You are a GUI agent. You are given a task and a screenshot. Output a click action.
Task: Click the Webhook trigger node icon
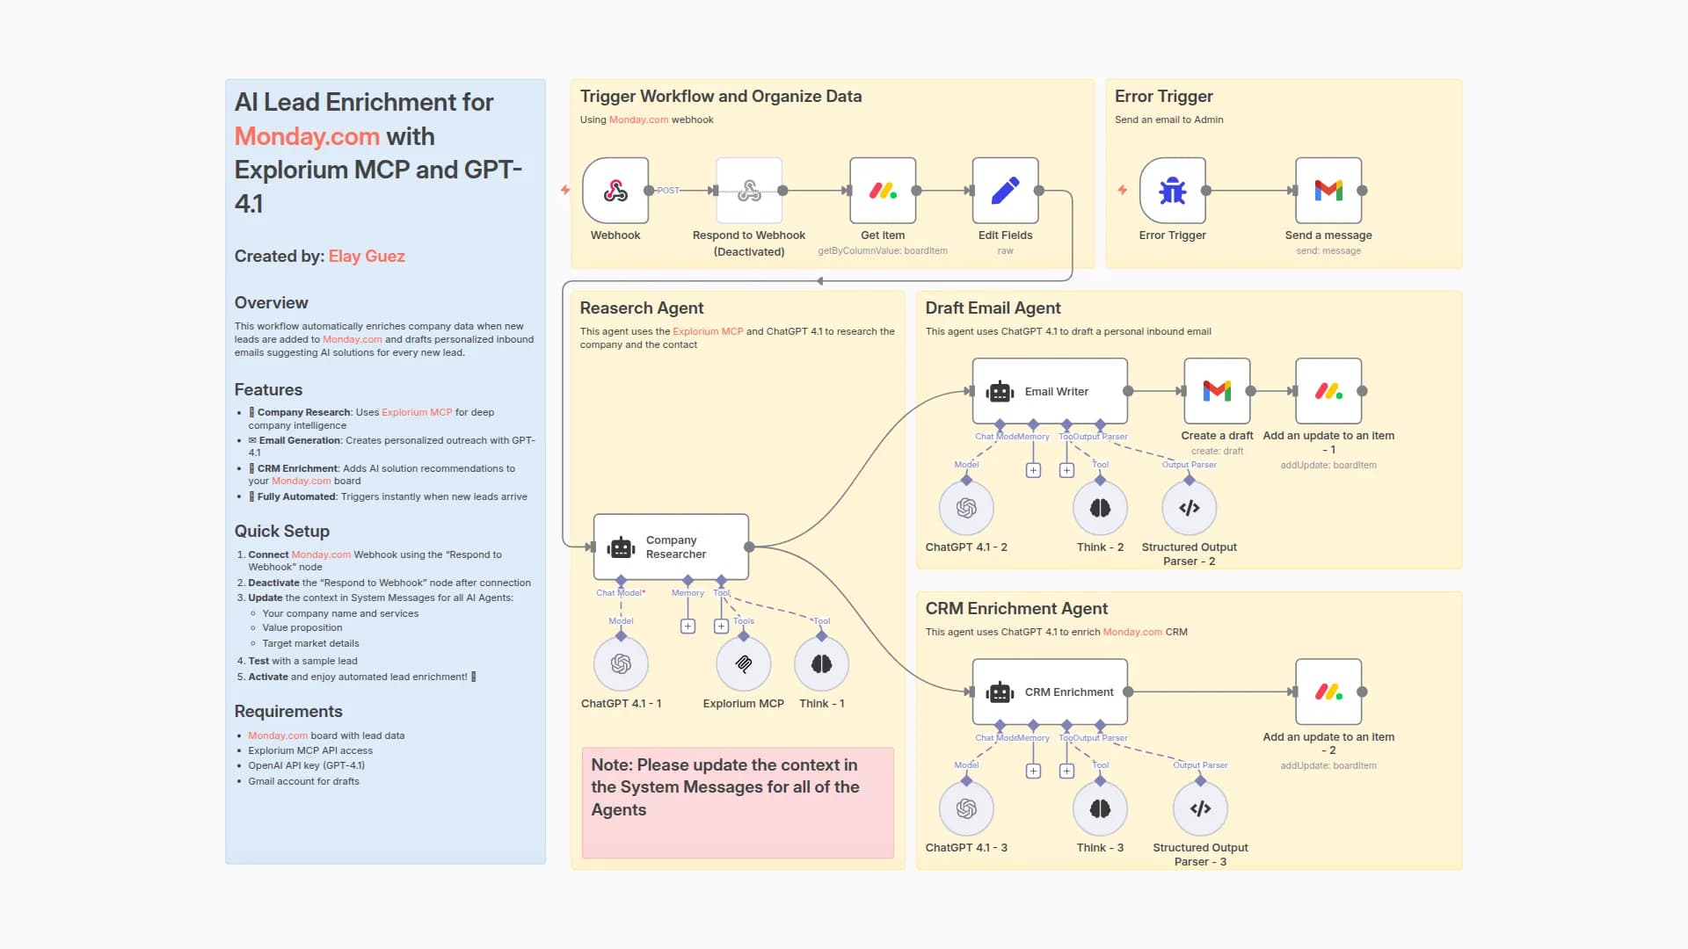[615, 191]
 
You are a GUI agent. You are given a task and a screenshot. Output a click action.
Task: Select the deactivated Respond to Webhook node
[749, 191]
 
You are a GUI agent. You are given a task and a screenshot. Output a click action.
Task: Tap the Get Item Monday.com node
[883, 191]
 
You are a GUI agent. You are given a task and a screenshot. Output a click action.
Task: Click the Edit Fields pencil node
[1005, 191]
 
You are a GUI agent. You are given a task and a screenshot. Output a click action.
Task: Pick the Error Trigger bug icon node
[1172, 191]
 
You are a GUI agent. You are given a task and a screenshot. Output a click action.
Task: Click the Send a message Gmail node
[1328, 191]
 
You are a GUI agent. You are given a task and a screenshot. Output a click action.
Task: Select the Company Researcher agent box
[671, 547]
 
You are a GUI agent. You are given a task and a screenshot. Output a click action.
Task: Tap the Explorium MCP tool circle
[744, 664]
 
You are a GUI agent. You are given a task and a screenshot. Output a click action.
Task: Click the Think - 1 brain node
[821, 664]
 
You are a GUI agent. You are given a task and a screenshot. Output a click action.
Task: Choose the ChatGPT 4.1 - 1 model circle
[621, 664]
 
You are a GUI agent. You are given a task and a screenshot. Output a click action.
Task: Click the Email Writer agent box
[1050, 391]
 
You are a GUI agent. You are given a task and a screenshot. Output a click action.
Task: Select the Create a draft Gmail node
[1217, 391]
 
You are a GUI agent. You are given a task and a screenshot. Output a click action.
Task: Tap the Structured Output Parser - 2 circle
[1189, 508]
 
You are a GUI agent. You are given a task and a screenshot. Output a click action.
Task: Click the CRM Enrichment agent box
[1050, 692]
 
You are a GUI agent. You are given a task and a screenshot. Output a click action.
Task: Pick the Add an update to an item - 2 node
[1328, 692]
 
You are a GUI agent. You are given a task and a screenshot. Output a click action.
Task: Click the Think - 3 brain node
[1100, 808]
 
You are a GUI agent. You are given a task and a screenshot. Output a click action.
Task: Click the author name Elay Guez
[367, 257]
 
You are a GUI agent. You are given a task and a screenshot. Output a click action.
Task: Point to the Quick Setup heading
[282, 531]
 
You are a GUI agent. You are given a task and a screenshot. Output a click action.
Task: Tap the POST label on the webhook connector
[668, 191]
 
